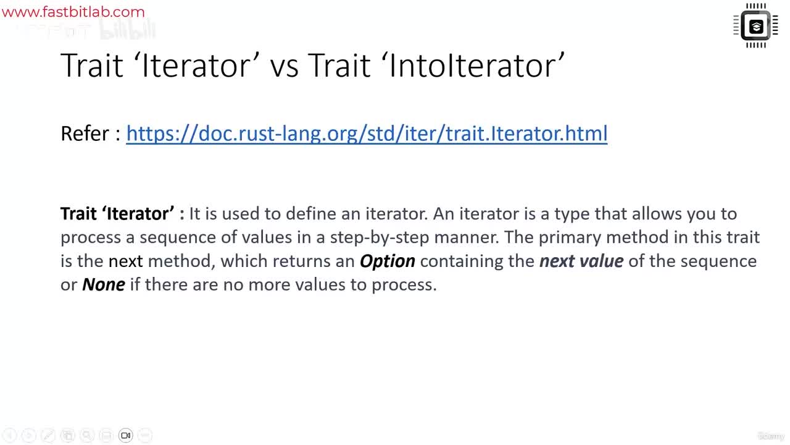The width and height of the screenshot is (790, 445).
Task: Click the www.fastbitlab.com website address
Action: [x=73, y=12]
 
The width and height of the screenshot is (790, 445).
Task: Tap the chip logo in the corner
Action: [x=756, y=26]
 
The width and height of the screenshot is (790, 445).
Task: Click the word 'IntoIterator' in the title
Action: [x=477, y=66]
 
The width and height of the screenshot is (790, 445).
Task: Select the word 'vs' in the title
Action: [x=284, y=66]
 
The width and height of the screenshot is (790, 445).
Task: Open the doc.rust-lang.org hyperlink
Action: [x=367, y=133]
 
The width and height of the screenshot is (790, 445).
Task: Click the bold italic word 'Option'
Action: [x=387, y=261]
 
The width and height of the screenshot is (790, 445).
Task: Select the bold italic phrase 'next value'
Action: [x=581, y=261]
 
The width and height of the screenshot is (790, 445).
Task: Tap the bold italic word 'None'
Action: [x=103, y=284]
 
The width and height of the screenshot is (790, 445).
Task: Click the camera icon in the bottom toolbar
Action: [x=125, y=435]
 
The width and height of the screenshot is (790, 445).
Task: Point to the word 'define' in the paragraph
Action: [x=308, y=214]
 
